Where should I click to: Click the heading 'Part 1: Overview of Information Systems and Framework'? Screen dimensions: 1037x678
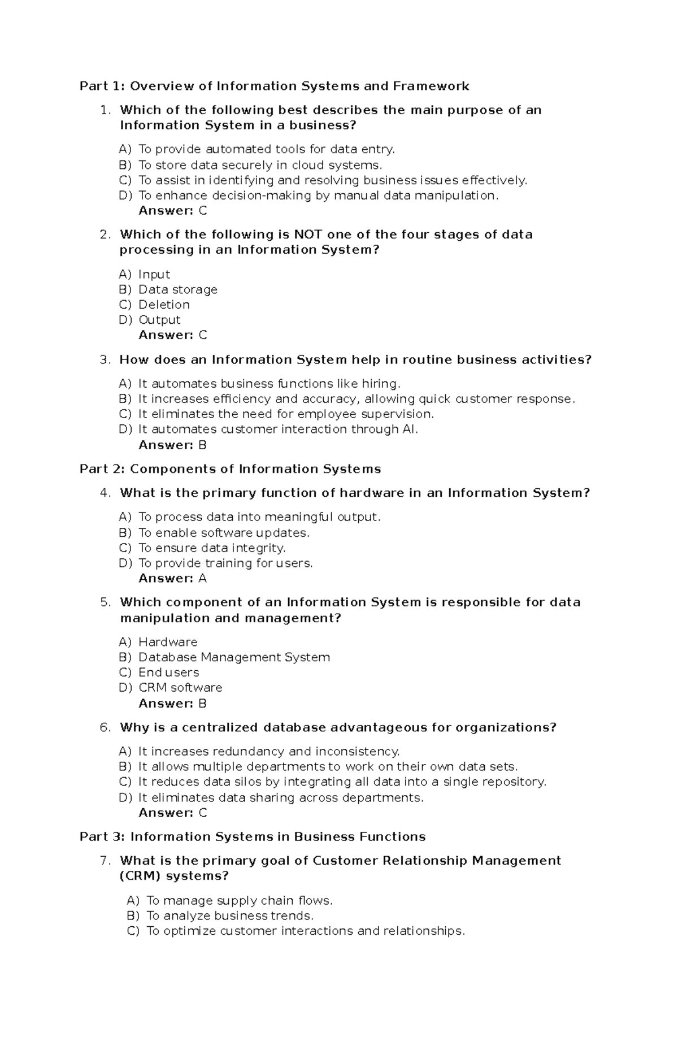click(274, 86)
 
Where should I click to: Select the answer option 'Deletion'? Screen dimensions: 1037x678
click(164, 305)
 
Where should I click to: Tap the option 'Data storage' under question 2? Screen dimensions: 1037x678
click(177, 289)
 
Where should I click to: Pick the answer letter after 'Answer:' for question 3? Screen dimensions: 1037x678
click(202, 445)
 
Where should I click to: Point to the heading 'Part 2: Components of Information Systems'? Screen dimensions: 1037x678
click(230, 469)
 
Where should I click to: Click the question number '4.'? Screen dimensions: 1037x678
click(105, 493)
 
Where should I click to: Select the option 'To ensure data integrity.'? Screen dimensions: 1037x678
click(212, 548)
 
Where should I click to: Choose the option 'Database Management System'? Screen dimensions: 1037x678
click(234, 657)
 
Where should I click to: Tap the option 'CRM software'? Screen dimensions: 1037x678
click(180, 688)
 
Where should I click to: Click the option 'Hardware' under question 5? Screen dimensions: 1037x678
click(168, 642)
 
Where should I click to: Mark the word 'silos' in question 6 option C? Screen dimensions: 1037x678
click(249, 782)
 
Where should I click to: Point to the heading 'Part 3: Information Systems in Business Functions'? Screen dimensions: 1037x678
click(252, 836)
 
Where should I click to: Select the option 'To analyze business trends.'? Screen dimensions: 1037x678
click(229, 915)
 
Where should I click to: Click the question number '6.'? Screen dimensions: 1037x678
click(105, 727)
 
